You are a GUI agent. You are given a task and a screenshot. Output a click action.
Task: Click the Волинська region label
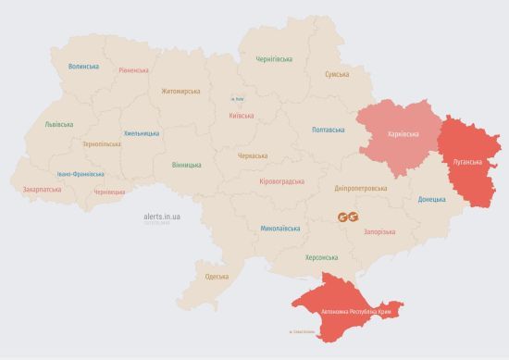point(83,67)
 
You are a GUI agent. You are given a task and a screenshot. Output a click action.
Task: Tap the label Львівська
point(60,124)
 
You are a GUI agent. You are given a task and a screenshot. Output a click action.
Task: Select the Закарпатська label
point(42,189)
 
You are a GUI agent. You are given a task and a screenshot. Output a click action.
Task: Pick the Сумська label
point(336,74)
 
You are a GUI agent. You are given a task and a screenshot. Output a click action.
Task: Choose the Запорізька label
point(379,230)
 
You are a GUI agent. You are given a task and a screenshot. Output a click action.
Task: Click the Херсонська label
point(321,258)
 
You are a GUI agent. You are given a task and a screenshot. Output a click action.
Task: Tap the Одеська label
point(217,277)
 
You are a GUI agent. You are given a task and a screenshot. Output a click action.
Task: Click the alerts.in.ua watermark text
point(162,216)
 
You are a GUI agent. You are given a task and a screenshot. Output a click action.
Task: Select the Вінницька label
point(186,165)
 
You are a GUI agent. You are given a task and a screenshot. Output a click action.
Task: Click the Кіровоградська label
point(281,181)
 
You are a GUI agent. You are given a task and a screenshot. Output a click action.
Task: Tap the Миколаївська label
point(279,227)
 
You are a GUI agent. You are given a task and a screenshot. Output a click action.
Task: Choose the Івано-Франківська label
point(80,173)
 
